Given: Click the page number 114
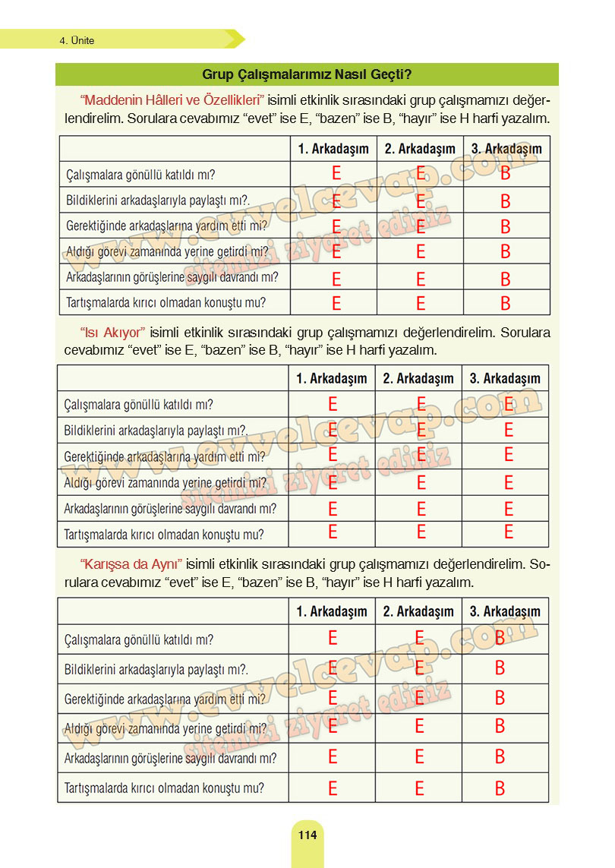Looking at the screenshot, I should click(x=307, y=835).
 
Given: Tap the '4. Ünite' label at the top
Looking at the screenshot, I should click(x=77, y=41).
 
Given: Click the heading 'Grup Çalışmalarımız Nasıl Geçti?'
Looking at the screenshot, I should click(x=307, y=74).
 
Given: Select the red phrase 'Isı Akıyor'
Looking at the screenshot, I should click(x=112, y=333).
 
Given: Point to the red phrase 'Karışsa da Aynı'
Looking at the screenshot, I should click(x=131, y=564).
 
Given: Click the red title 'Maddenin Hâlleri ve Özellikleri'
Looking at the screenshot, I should click(x=172, y=100).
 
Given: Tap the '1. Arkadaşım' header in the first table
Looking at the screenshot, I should click(x=333, y=149).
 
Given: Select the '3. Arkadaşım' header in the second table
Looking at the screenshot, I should click(x=505, y=378).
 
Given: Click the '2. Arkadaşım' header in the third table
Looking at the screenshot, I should click(x=418, y=611).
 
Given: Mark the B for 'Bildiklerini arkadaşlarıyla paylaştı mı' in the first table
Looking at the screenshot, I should click(x=506, y=201).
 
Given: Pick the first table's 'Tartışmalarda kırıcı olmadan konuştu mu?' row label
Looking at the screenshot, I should click(x=166, y=302).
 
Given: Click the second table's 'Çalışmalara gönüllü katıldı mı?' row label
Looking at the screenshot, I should click(x=139, y=404).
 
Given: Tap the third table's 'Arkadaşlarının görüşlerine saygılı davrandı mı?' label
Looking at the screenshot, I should click(x=170, y=758).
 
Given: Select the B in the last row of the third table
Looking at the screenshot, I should click(x=500, y=788).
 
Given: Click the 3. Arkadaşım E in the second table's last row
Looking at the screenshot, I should click(x=509, y=532).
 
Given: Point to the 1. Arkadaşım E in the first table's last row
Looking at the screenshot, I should click(x=336, y=304).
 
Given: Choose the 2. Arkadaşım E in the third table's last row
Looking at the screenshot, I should click(x=419, y=788).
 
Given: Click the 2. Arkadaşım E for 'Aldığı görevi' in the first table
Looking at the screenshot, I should click(x=421, y=252).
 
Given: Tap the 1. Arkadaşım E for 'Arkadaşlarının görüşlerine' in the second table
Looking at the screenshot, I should click(x=333, y=508).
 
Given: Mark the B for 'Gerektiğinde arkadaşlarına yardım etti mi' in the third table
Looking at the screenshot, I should click(x=500, y=697).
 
